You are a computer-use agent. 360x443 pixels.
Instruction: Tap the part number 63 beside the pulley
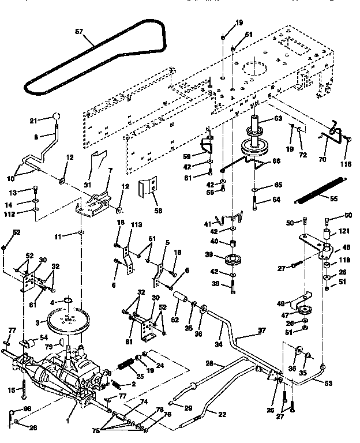pyautogui.click(x=278, y=119)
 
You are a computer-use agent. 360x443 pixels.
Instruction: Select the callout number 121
pyautogui.click(x=344, y=231)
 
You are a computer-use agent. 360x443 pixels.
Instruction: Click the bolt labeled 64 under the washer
pyautogui.click(x=254, y=204)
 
